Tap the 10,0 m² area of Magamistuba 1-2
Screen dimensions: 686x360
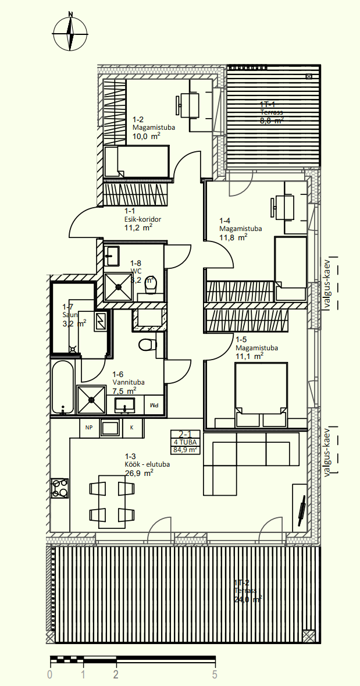coord(147,137)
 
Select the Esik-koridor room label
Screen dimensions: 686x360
coord(142,219)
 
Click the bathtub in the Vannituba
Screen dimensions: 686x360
coord(63,386)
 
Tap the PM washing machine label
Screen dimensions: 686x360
coord(154,404)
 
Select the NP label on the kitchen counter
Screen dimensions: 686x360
coord(89,428)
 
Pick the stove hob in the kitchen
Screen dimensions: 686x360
coord(60,489)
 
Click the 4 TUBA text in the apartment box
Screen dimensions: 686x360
coord(185,442)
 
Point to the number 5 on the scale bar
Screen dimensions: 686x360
coord(215,675)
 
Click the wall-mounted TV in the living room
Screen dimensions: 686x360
coord(302,509)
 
